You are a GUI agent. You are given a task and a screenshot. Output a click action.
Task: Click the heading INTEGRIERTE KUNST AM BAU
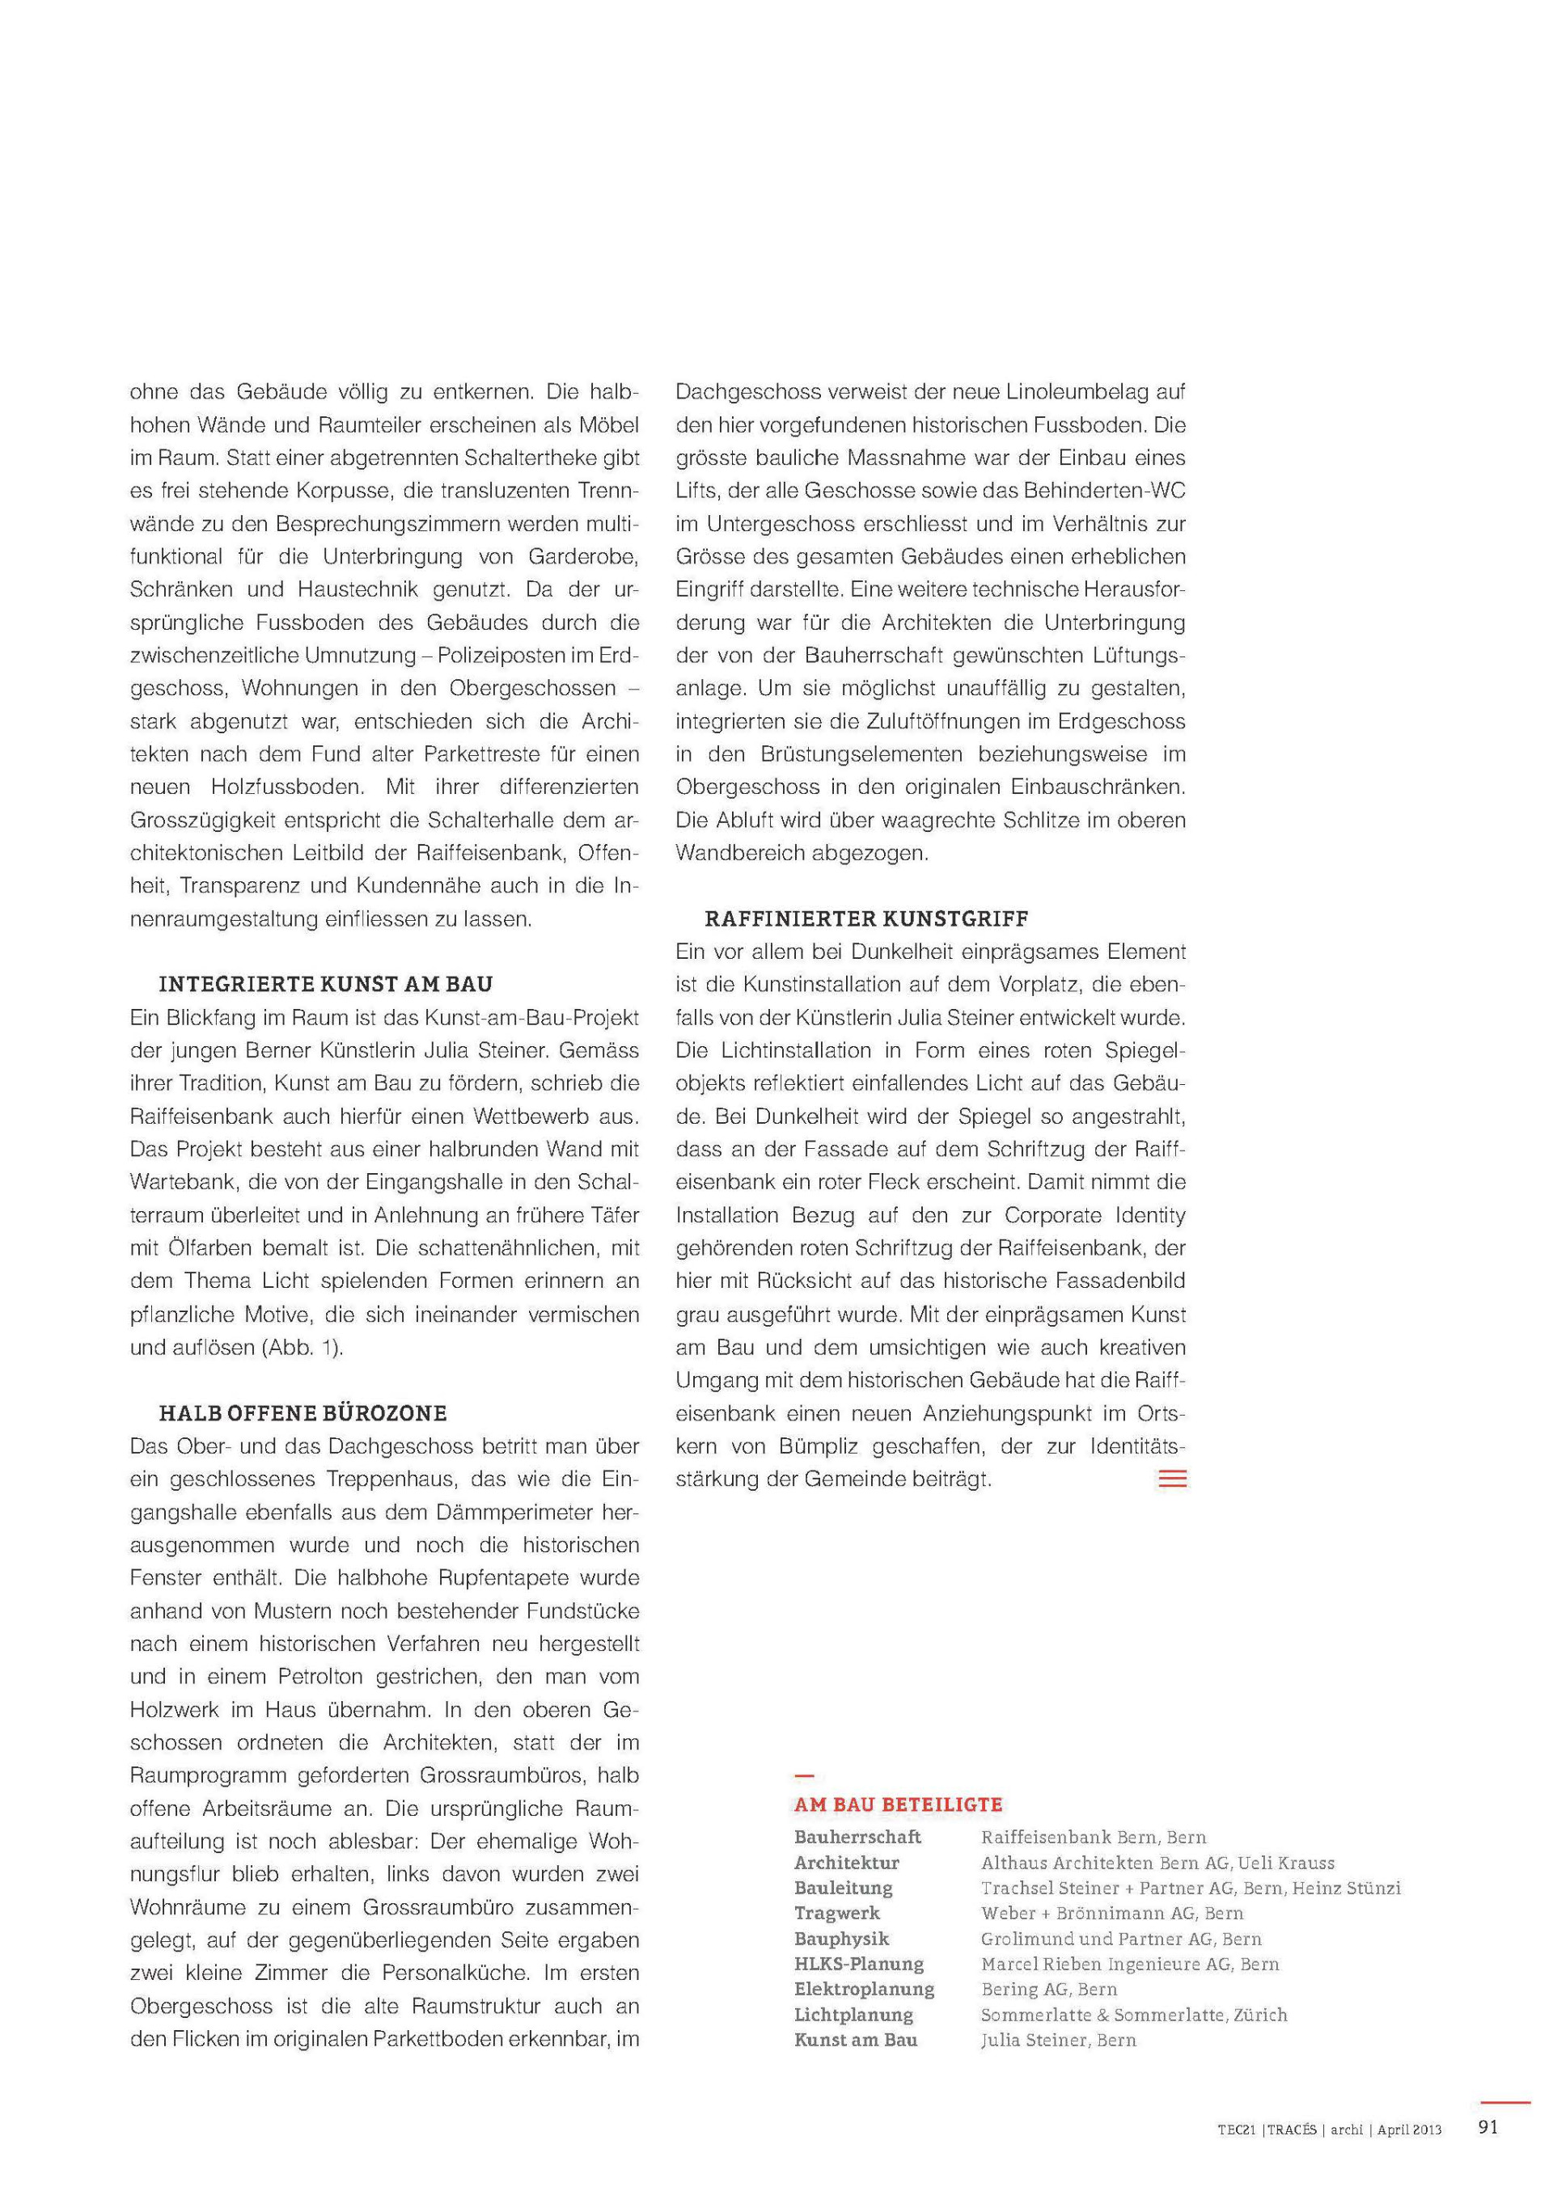point(324,984)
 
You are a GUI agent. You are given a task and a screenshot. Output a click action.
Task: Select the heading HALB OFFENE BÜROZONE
point(303,1413)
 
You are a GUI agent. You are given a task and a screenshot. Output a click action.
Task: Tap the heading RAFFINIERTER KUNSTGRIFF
point(866,918)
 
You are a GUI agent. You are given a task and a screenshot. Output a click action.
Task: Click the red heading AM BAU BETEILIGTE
point(898,1805)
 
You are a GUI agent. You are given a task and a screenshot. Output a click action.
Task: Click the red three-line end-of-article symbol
point(1171,1479)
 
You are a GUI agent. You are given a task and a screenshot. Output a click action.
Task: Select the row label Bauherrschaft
point(857,1838)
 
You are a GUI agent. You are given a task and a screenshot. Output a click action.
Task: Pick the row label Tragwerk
point(836,1913)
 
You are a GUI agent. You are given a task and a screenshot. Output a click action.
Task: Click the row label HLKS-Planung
point(859,1964)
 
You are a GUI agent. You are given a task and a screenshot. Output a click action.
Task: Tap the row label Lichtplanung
point(853,2015)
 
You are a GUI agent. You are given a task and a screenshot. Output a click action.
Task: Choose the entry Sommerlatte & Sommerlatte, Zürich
point(1133,2015)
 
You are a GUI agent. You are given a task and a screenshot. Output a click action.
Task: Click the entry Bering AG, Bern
point(1048,1990)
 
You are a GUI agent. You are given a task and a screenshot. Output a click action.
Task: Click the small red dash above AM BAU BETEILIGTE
point(803,1776)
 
